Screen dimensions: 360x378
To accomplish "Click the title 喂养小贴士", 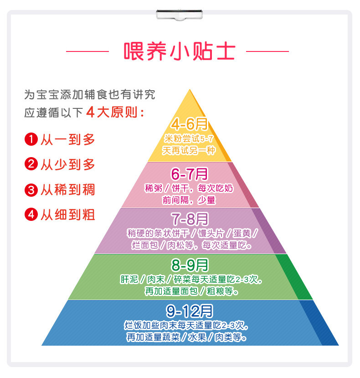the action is tap(180, 51).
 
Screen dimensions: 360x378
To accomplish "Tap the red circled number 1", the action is tap(31, 139).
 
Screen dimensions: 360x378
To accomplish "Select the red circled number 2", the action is tap(31, 164).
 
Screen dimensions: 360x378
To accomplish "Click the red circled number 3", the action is tap(31, 189).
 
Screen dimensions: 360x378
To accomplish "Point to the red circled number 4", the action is tap(31, 215).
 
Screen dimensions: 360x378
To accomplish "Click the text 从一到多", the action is tap(68, 139).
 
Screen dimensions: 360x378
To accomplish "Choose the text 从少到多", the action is tap(68, 164).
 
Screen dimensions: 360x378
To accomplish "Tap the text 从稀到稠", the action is tap(68, 189).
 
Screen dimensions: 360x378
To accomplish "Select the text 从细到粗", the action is tap(68, 215).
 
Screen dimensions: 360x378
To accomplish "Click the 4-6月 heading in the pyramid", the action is tap(189, 124).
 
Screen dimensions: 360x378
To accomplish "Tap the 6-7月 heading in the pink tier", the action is tap(189, 173).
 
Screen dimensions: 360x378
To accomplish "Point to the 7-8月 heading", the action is tap(189, 220).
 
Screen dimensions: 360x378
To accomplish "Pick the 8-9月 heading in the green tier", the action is tap(189, 265).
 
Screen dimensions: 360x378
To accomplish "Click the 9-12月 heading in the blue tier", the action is tap(189, 311).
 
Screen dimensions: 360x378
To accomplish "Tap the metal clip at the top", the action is tap(180, 15).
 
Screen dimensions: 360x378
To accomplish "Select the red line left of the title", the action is tap(87, 51).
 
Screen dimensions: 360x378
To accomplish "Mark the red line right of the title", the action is tap(267, 51).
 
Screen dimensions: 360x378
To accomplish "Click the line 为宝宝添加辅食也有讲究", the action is tap(90, 95).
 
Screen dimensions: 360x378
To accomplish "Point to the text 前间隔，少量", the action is tap(189, 200).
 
